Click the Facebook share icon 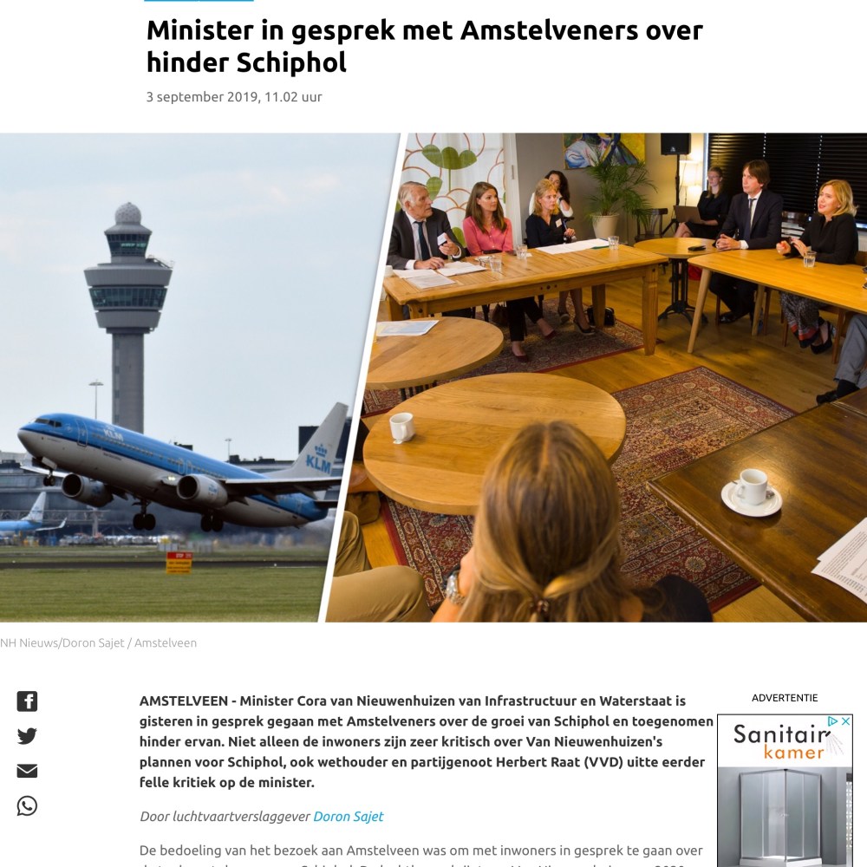tap(27, 701)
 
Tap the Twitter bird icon tap(27, 736)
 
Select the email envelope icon tap(27, 771)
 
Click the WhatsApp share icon tap(27, 806)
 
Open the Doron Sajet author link tap(348, 816)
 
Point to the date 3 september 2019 tap(202, 97)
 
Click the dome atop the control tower tap(127, 213)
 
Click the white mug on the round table tap(401, 427)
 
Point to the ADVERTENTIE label tap(784, 698)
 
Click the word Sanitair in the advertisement tap(777, 734)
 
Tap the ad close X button tap(846, 721)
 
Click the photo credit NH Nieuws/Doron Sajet tap(62, 643)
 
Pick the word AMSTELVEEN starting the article tap(182, 701)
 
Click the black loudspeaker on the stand tap(675, 144)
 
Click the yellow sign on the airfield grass tap(178, 563)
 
